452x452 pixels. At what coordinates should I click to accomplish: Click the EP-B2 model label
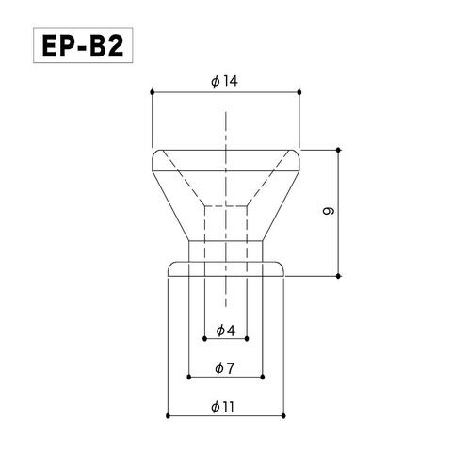(83, 45)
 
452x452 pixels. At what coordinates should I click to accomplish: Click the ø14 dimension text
(225, 82)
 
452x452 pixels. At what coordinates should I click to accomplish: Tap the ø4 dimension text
(225, 331)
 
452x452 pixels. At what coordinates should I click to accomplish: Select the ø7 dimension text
(225, 368)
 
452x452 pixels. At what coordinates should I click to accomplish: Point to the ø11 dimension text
(223, 408)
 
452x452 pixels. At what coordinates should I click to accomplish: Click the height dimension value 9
(329, 211)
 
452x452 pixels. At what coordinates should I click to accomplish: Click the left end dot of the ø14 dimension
(153, 92)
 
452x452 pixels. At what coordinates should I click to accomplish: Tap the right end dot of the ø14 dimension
(299, 92)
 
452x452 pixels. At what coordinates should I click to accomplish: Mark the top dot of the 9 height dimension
(338, 150)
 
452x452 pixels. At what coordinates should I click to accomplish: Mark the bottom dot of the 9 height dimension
(338, 276)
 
